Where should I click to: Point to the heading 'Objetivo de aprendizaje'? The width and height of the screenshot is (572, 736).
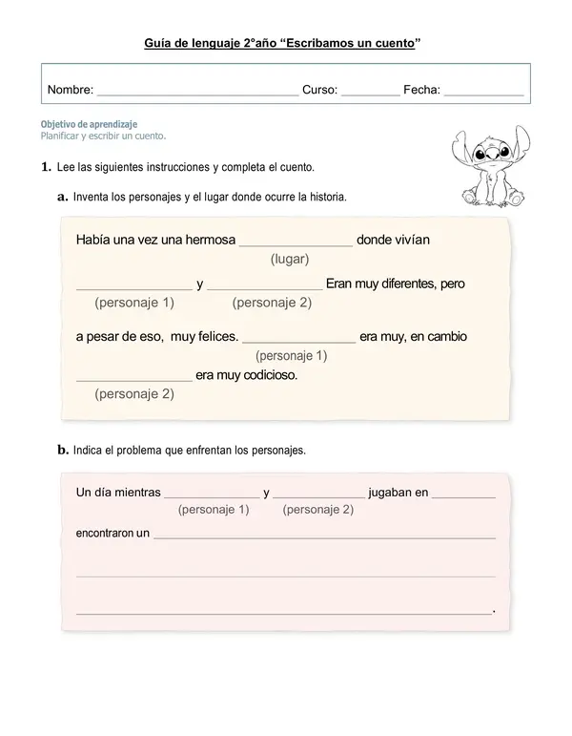coord(89,124)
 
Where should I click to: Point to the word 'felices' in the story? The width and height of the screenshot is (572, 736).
coord(217,336)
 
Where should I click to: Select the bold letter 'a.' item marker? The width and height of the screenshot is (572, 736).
coord(63,197)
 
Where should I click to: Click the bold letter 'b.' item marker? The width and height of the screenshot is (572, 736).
coord(63,450)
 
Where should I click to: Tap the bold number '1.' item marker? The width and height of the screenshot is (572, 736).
coord(46,167)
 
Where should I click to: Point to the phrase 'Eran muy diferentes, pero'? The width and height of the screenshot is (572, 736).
coord(396,284)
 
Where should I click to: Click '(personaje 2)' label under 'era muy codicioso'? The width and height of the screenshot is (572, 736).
coord(134,393)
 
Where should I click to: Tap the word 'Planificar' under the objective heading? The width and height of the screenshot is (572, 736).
coord(63,136)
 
